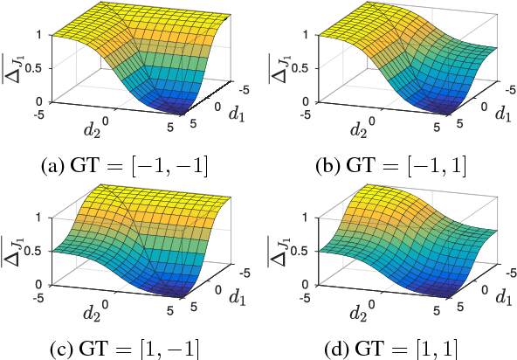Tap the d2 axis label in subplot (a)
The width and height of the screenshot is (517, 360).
[x=94, y=129]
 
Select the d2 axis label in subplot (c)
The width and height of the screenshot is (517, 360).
[x=94, y=313]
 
